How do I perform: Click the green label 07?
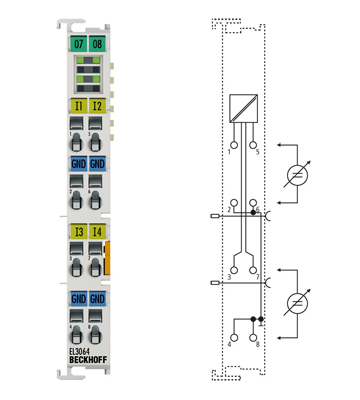(x=77, y=45)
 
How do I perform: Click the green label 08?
(x=96, y=45)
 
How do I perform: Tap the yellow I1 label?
(x=77, y=104)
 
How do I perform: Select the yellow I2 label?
(x=97, y=104)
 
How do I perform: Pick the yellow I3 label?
(x=77, y=233)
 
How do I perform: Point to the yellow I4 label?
(x=97, y=233)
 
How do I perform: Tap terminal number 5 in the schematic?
(x=257, y=151)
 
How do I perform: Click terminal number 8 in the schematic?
(x=257, y=344)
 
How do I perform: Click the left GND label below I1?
(x=77, y=163)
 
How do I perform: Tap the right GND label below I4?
(x=97, y=298)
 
